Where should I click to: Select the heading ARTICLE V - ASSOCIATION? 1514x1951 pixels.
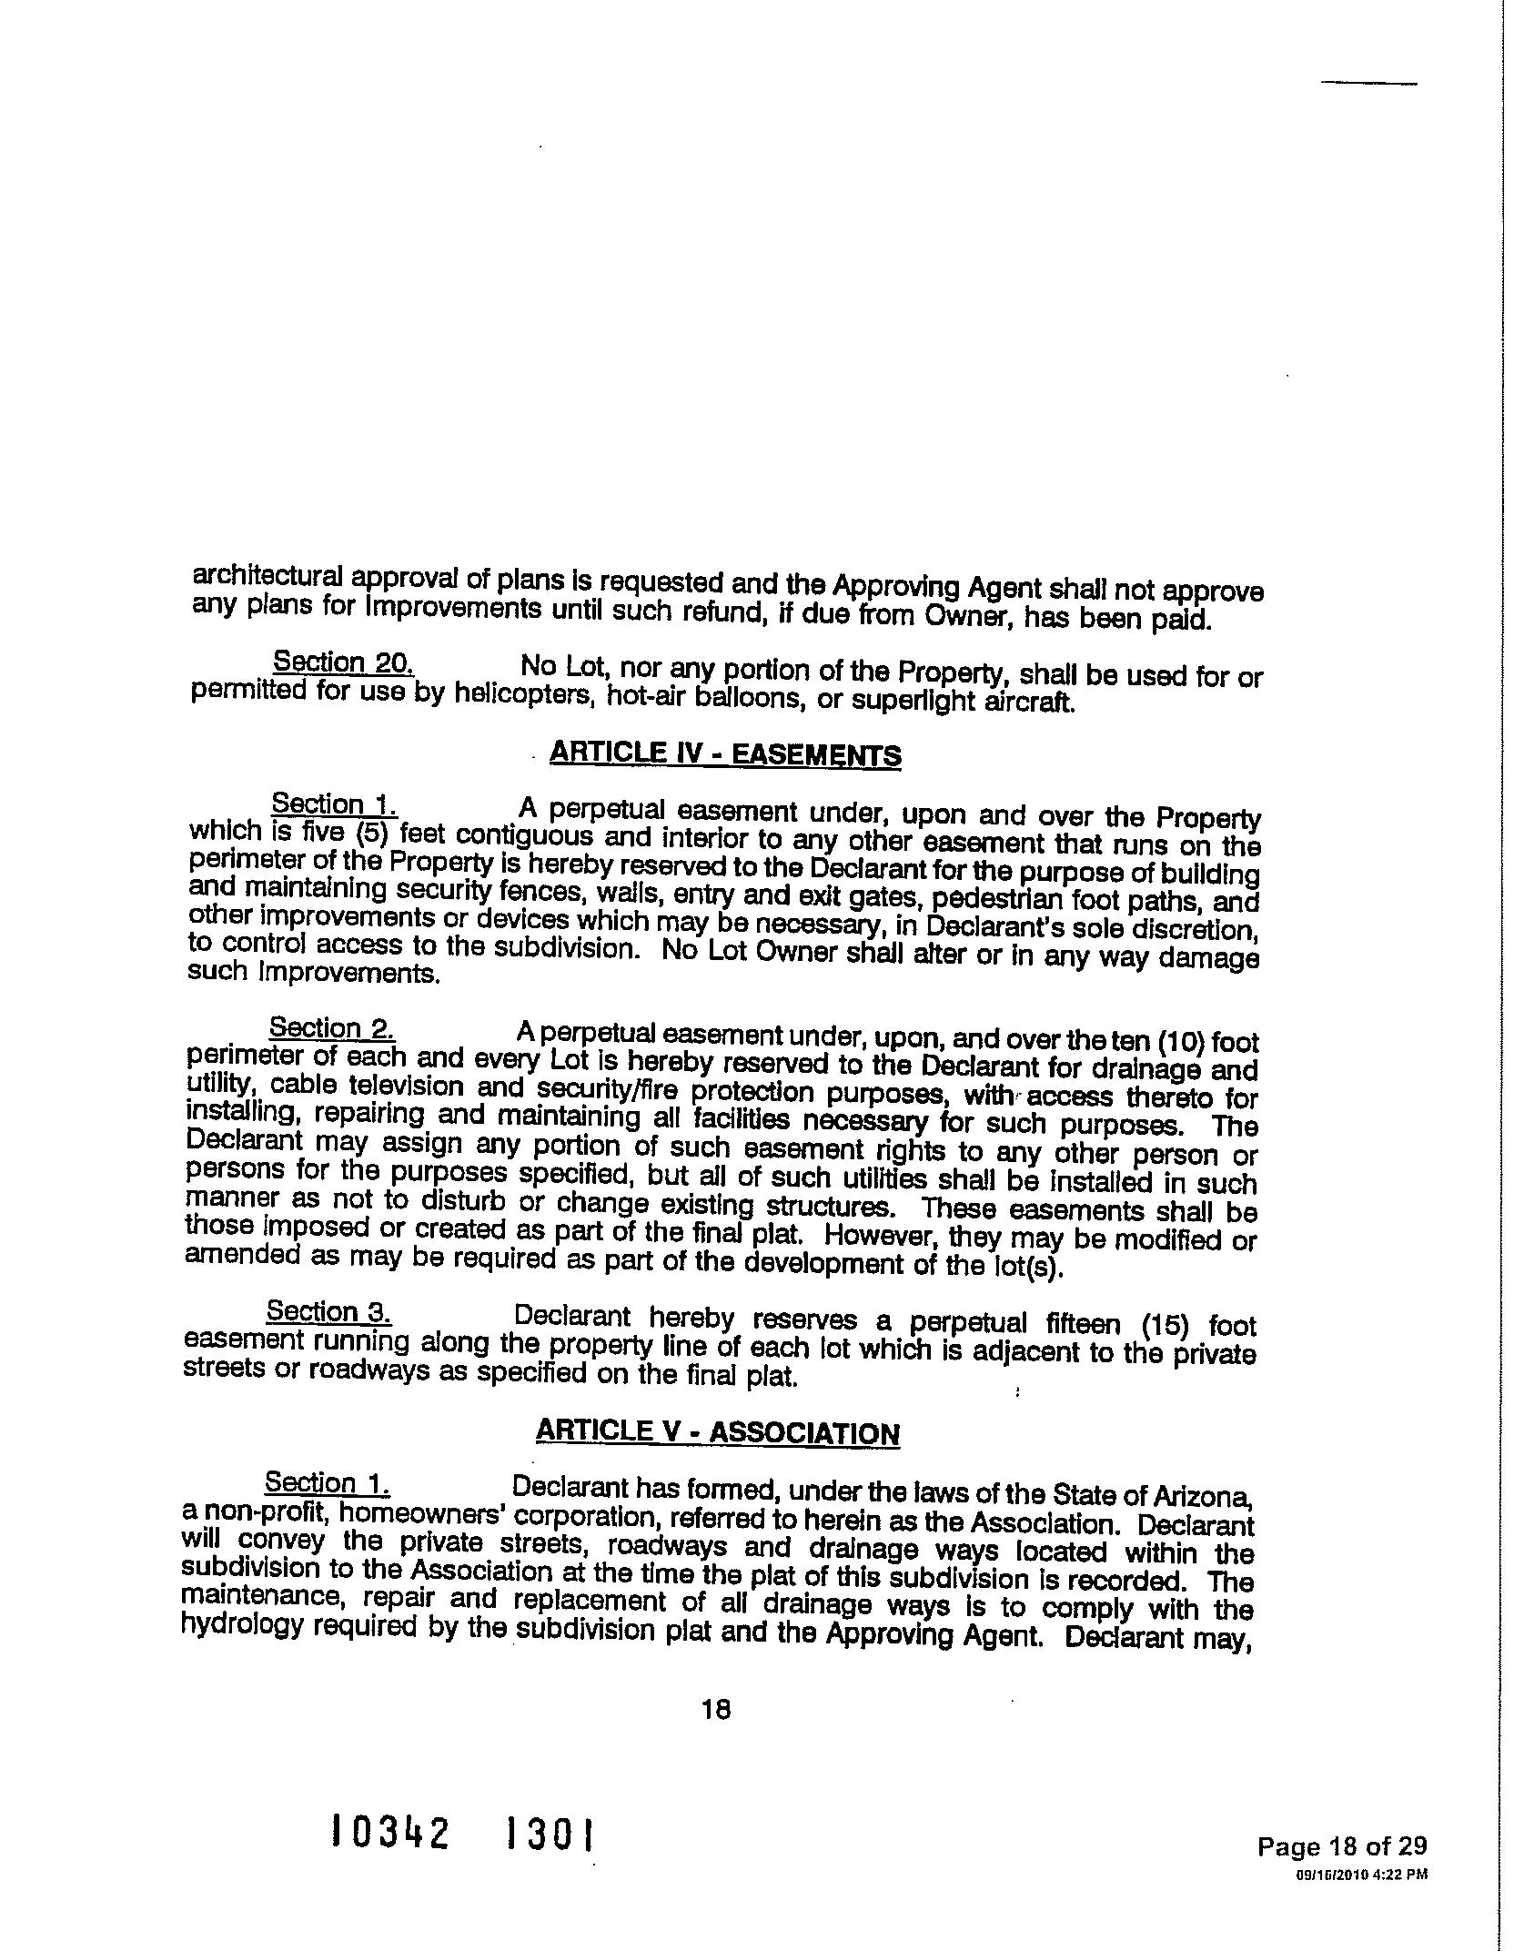click(x=717, y=1431)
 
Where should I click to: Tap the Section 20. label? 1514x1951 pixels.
click(x=344, y=662)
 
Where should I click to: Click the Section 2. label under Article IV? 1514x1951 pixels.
click(x=331, y=1028)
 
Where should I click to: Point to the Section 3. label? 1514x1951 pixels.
click(x=328, y=1311)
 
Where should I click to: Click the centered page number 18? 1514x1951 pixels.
click(x=716, y=1710)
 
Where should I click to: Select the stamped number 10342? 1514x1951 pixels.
click(x=391, y=1832)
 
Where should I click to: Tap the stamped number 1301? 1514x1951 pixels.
click(x=550, y=1834)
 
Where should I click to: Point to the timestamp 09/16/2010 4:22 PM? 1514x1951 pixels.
click(x=1361, y=1875)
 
